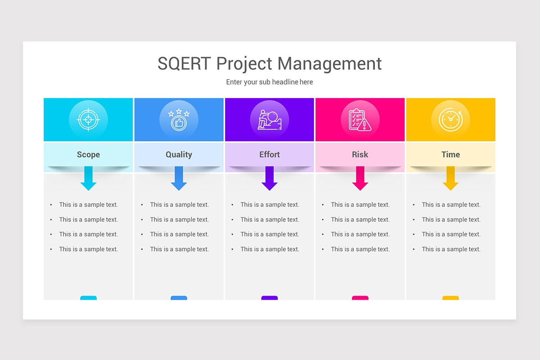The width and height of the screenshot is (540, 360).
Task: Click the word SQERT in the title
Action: [184, 63]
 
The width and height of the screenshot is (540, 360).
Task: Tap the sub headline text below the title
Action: [270, 82]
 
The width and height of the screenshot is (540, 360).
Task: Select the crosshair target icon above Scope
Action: [88, 120]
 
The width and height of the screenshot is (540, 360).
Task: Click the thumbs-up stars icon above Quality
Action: [179, 120]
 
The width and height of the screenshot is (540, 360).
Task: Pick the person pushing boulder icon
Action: [270, 120]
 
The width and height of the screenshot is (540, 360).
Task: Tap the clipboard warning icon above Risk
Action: [360, 120]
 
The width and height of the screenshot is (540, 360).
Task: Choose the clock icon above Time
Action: [450, 120]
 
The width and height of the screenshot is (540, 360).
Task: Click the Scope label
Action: [88, 154]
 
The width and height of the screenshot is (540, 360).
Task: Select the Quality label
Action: [179, 154]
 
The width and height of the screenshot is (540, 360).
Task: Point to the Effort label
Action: [270, 154]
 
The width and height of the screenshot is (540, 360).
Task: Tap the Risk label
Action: [360, 154]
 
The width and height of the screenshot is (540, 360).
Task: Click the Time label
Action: [450, 154]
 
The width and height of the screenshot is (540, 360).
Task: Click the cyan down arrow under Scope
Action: [88, 179]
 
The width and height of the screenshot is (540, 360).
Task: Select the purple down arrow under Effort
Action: [270, 179]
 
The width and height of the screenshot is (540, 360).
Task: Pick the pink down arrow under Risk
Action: [360, 179]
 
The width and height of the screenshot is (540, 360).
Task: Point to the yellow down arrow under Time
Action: [450, 179]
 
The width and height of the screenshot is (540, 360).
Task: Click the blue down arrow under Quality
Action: [179, 179]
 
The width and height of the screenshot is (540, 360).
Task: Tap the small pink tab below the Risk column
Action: [360, 298]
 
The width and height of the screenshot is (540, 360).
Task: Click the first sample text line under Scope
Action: [88, 205]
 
